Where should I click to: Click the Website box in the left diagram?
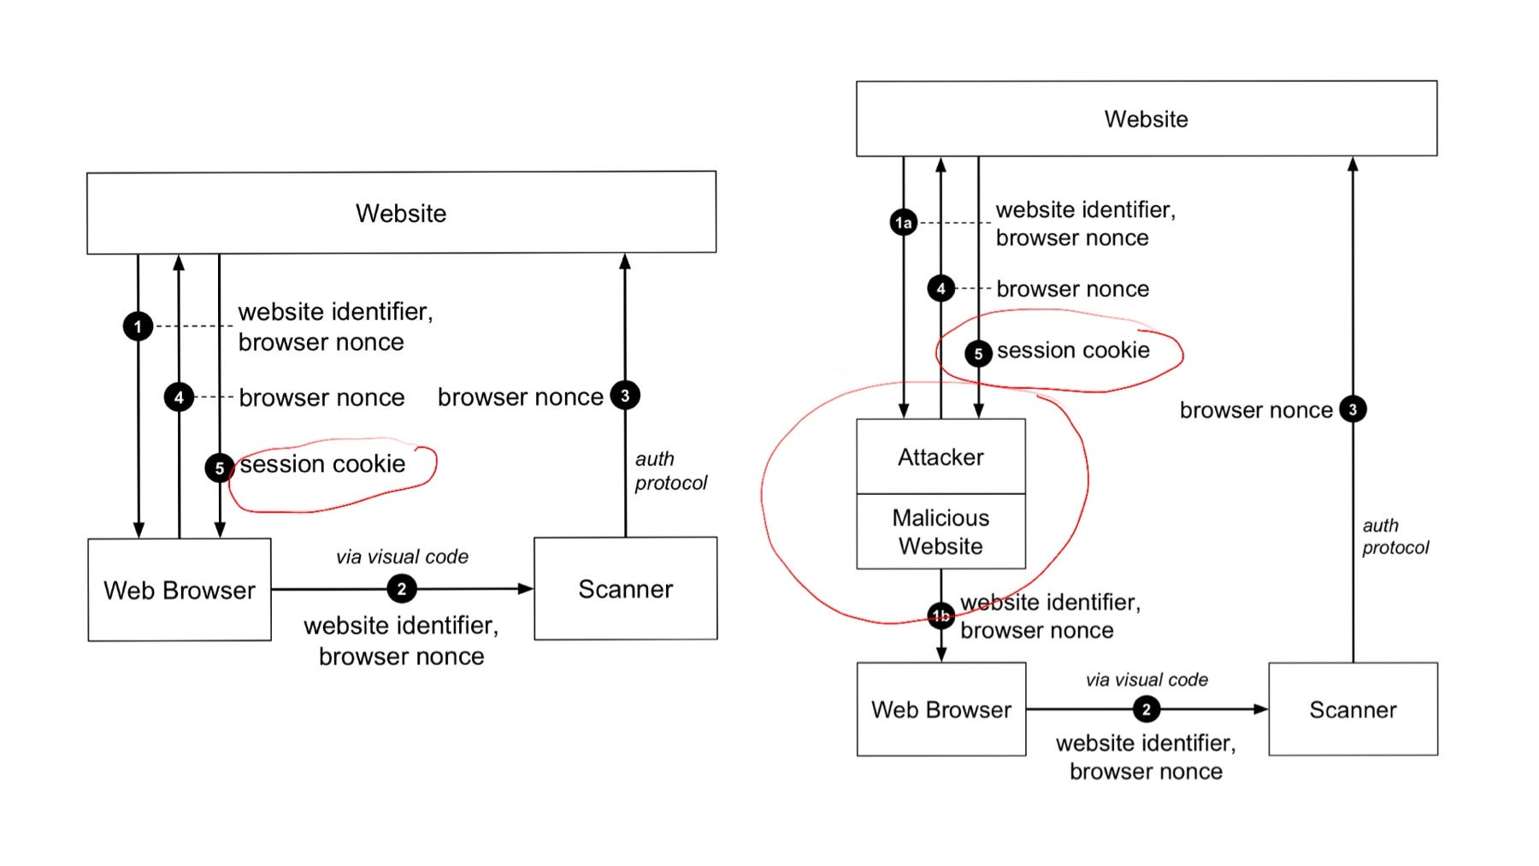pos(401,213)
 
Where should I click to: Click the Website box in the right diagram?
pos(1146,119)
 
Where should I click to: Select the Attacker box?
pos(940,457)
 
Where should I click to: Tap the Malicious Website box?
pos(940,532)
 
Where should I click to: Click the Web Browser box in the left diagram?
pos(180,590)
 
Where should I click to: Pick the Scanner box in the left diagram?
pos(625,589)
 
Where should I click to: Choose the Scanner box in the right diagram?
pos(1353,710)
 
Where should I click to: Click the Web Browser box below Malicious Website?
pos(940,710)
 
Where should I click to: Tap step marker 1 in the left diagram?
pos(138,327)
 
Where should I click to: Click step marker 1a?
pos(904,223)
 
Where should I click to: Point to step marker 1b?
pos(940,616)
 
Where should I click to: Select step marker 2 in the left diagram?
pos(402,589)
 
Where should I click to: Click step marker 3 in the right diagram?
pos(1353,409)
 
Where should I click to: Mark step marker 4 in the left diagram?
pos(179,398)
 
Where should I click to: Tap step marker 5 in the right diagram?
pos(978,353)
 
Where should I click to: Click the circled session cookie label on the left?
pos(322,464)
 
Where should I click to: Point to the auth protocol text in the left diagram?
pos(670,471)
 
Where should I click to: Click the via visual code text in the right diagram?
pos(1147,680)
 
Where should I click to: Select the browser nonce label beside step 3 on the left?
pos(520,398)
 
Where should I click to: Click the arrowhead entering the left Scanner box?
pos(526,588)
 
